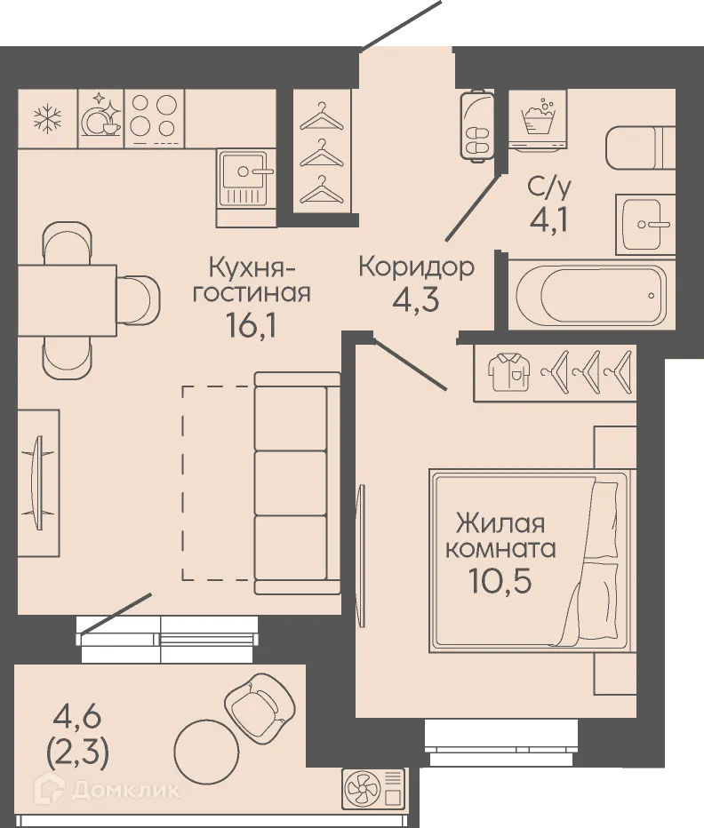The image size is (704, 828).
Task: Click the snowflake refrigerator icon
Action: coord(46,118)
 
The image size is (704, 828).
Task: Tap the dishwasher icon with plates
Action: coord(100,118)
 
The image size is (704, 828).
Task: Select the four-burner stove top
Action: coord(155,118)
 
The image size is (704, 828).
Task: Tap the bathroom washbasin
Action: coord(645,223)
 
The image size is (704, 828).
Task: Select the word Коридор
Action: coord(416,266)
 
